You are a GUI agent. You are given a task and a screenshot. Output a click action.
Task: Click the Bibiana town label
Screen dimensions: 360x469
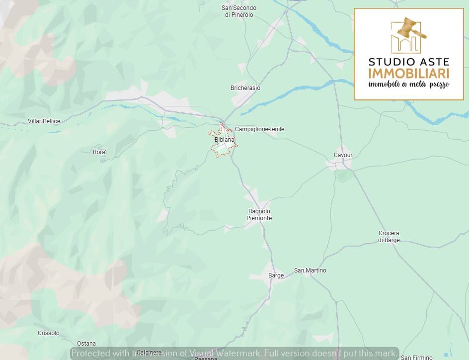coord(224,140)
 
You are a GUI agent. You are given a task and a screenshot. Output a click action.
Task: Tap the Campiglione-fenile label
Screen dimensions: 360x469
coord(259,129)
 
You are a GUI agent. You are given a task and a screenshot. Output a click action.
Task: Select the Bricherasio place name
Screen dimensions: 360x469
coord(245,88)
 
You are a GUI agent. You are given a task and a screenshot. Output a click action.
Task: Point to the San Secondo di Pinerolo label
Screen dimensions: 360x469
coord(239,11)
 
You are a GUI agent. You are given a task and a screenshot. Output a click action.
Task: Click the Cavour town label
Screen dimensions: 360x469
coord(343,155)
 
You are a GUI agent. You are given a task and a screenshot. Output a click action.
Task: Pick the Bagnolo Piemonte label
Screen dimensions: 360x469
coord(259,215)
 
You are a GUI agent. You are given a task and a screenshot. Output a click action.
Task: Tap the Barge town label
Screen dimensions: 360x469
coord(276,275)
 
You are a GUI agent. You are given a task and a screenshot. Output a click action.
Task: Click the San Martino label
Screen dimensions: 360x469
coord(310,270)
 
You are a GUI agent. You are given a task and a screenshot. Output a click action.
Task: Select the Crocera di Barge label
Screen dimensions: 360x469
coord(389,237)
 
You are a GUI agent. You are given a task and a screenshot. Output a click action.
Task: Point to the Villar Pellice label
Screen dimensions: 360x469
coord(44,121)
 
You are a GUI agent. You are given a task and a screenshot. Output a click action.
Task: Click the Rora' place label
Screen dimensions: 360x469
coord(99,152)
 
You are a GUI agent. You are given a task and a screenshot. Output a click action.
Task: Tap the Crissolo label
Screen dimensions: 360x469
coord(49,333)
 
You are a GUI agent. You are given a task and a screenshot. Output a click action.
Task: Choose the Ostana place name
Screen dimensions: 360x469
coord(86,344)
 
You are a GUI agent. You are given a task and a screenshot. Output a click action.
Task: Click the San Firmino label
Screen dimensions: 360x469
coord(416,357)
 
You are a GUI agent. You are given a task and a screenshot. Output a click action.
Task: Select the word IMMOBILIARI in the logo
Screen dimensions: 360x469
coord(408,74)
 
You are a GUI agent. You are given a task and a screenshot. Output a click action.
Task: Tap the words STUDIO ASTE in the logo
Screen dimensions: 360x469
coord(408,62)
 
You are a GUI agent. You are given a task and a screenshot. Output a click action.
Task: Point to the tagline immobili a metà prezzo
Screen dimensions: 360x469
coord(408,85)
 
